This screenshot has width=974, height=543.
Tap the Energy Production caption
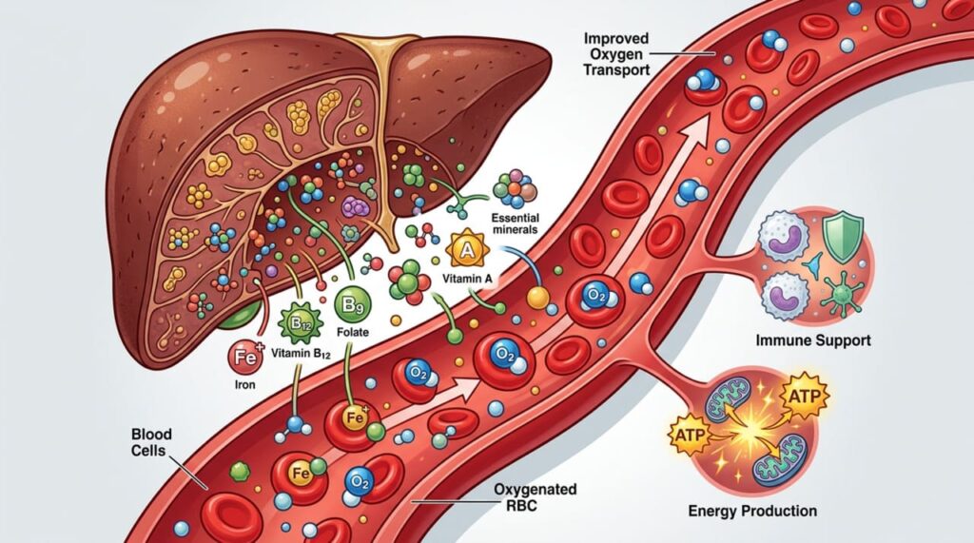(752, 512)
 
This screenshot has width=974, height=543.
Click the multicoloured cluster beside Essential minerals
(515, 187)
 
